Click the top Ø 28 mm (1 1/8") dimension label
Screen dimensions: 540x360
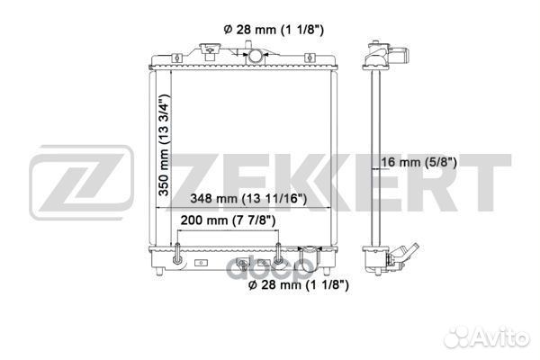coord(274,30)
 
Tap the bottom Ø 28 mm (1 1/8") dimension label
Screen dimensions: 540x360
coord(298,284)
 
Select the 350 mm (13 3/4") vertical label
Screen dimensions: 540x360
coord(164,145)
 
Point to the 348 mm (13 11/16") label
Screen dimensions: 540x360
coord(248,198)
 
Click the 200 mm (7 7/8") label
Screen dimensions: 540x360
coord(228,220)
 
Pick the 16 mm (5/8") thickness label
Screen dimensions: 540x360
coord(418,162)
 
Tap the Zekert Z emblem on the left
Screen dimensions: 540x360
coord(81,183)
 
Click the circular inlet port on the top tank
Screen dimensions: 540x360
coord(256,56)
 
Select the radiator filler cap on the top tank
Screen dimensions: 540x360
coord(210,50)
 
